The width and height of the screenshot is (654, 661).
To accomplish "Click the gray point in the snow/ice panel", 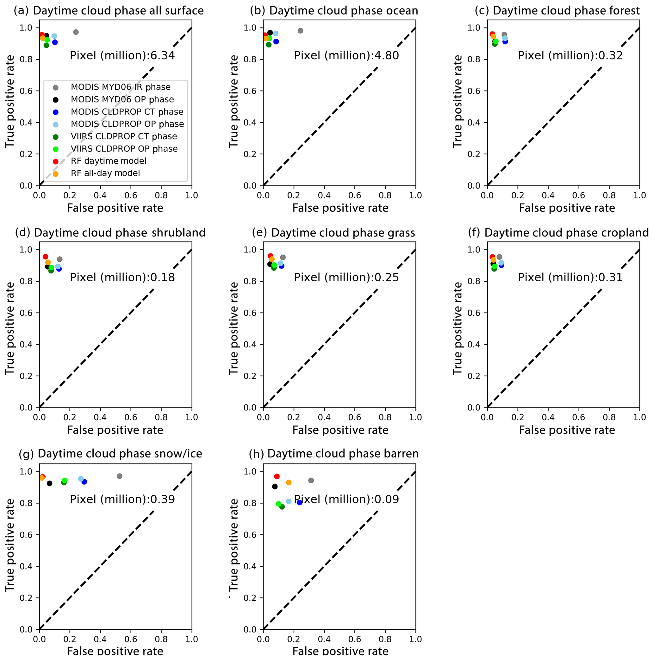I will click(119, 476).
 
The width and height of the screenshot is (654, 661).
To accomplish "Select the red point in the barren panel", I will click(277, 476).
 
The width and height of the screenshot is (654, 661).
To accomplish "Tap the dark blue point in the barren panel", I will click(300, 502).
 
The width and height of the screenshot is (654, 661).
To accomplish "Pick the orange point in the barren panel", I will click(289, 483).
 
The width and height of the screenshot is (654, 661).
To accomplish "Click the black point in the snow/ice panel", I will click(49, 483).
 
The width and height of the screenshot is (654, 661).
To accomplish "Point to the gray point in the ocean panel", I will click(300, 31).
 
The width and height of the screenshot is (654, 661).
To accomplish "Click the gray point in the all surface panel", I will click(76, 32).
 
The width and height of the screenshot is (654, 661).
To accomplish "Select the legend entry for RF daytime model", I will click(109, 161).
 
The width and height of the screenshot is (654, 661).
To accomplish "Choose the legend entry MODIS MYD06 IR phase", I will click(121, 87).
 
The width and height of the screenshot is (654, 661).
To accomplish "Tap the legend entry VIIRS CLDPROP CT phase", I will click(124, 136).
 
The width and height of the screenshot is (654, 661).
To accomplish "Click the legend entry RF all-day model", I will click(105, 173).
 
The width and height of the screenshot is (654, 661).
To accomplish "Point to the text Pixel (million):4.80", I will click(346, 55).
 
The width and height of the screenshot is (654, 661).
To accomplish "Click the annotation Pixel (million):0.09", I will click(346, 499).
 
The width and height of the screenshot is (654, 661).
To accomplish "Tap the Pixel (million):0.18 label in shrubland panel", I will click(122, 277).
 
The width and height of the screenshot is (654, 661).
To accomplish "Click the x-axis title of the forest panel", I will click(567, 208).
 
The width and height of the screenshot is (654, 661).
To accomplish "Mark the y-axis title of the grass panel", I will click(234, 328).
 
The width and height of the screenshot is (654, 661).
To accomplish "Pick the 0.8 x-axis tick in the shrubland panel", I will click(161, 417).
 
